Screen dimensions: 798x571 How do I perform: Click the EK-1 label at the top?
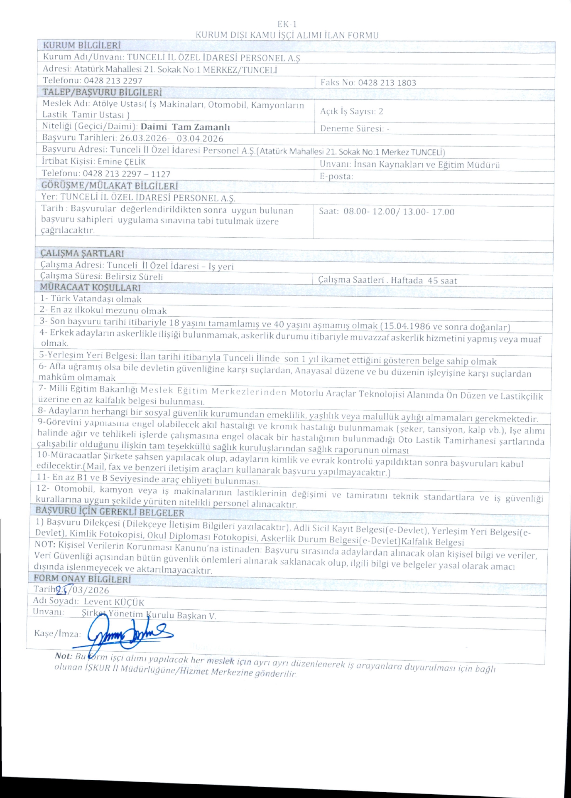(287, 24)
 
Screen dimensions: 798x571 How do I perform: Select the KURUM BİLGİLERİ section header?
(82, 45)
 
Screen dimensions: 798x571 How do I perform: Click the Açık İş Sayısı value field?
(379, 111)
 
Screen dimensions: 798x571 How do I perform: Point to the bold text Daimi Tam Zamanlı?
(185, 127)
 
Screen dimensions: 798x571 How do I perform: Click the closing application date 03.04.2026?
(200, 139)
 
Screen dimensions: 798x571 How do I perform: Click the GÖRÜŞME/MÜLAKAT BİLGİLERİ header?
(109, 186)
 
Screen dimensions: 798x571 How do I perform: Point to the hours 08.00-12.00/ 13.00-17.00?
(399, 212)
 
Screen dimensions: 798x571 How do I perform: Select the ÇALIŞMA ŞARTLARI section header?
(82, 253)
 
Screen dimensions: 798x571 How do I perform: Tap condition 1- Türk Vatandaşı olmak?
(91, 299)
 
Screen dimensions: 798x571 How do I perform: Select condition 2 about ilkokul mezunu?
(103, 310)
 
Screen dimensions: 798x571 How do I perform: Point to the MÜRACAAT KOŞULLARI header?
(90, 287)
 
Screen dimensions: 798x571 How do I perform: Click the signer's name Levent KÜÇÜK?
(114, 602)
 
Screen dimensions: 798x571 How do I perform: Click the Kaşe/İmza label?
(57, 634)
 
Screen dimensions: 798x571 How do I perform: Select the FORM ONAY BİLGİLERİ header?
(82, 579)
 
